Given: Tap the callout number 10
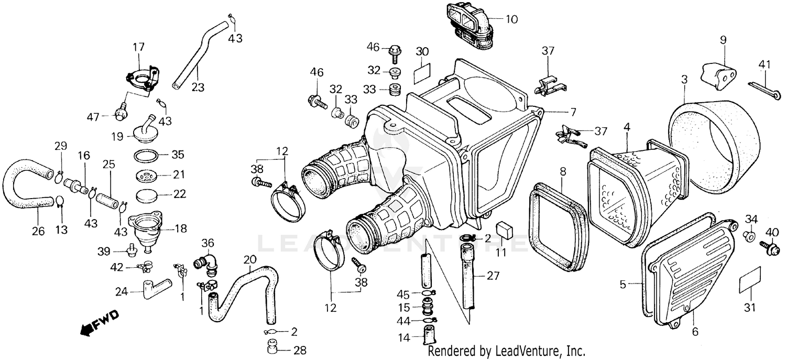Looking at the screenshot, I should pyautogui.click(x=511, y=20).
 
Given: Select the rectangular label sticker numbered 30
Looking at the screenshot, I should pyautogui.click(x=423, y=73).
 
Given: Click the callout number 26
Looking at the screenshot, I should pyautogui.click(x=38, y=231).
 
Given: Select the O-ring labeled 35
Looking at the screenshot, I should pyautogui.click(x=147, y=156).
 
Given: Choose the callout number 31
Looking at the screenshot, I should pyautogui.click(x=749, y=307).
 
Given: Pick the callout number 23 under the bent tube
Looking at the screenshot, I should pyautogui.click(x=197, y=87).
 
